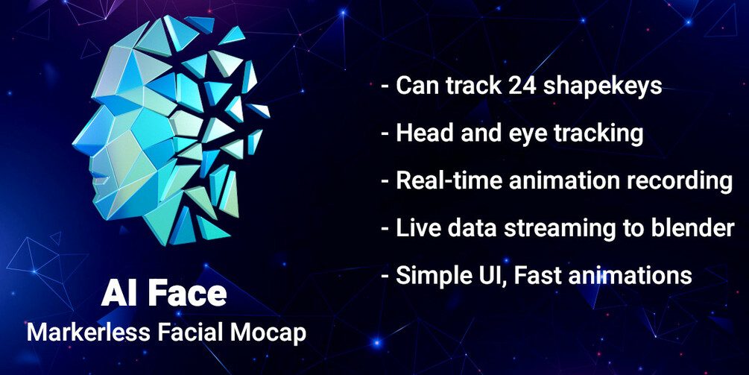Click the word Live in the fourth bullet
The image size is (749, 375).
(415, 228)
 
